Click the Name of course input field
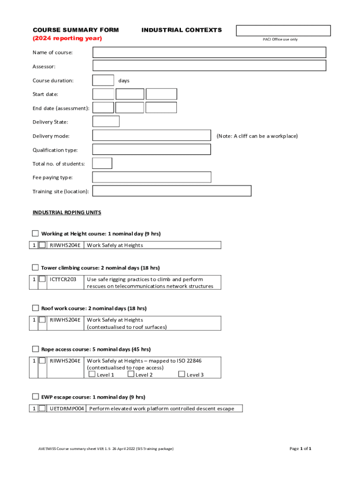[209, 52]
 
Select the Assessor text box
[209, 66]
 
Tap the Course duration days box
[103, 80]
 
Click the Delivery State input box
[106, 122]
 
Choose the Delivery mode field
[151, 136]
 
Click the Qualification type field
[151, 150]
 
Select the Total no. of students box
[102, 163]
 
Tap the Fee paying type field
[151, 177]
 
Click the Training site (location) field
[172, 191]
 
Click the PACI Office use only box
[283, 31]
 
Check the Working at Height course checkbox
[36, 233]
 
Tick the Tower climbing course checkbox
[36, 268]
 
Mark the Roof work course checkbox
[36, 308]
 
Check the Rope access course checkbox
[36, 349]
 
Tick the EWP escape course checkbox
[36, 397]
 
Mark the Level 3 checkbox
[182, 374]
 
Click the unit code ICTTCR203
[63, 279]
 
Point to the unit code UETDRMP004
[67, 408]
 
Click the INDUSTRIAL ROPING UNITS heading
[67, 212]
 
